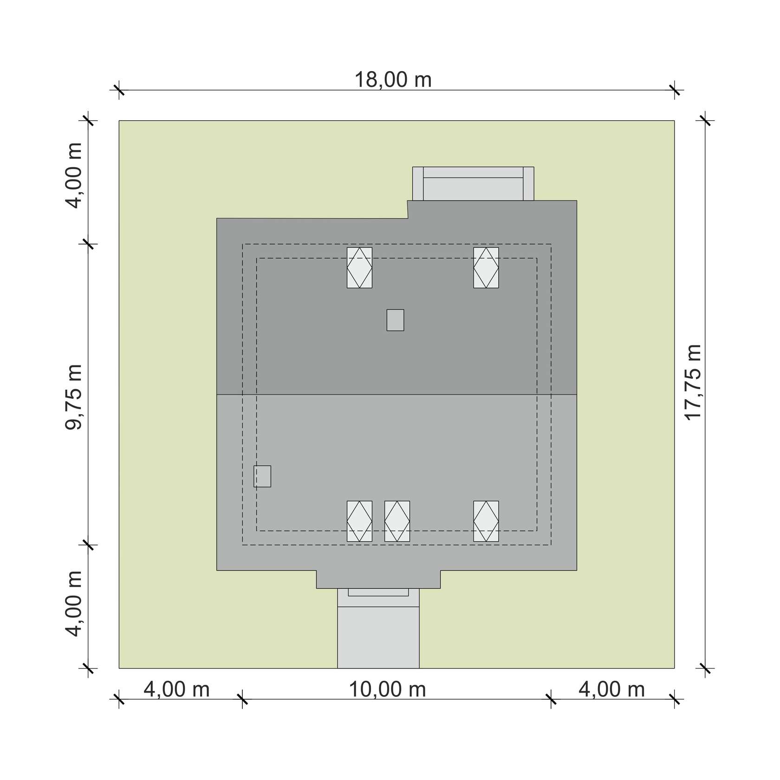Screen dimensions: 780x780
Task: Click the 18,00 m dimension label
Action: click(393, 80)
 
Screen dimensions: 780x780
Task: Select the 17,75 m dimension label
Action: click(694, 383)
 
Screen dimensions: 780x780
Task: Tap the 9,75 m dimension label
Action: click(73, 397)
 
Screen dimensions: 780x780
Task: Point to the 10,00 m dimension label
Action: click(388, 689)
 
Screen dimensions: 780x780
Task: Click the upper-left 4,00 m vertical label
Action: click(73, 175)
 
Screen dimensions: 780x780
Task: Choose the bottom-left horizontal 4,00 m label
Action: click(176, 689)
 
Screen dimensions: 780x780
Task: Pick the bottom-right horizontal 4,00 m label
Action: click(611, 689)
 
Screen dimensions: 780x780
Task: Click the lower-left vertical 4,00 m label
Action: click(73, 604)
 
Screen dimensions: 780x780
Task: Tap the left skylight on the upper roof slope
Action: click(359, 267)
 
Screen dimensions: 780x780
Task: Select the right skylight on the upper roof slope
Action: click(486, 267)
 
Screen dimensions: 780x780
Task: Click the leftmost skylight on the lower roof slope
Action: click(359, 521)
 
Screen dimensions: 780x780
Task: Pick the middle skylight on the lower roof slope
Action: click(397, 521)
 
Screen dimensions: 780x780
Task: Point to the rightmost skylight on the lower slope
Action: click(486, 521)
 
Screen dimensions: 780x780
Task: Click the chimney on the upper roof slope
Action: click(395, 320)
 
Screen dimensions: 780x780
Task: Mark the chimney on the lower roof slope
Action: click(262, 476)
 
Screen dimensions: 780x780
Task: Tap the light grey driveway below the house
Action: click(378, 637)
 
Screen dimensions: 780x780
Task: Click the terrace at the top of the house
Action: click(473, 184)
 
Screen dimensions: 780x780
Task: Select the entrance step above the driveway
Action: click(378, 598)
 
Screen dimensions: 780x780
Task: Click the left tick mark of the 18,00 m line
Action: click(119, 90)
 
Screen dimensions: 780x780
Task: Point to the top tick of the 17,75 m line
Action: click(705, 121)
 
